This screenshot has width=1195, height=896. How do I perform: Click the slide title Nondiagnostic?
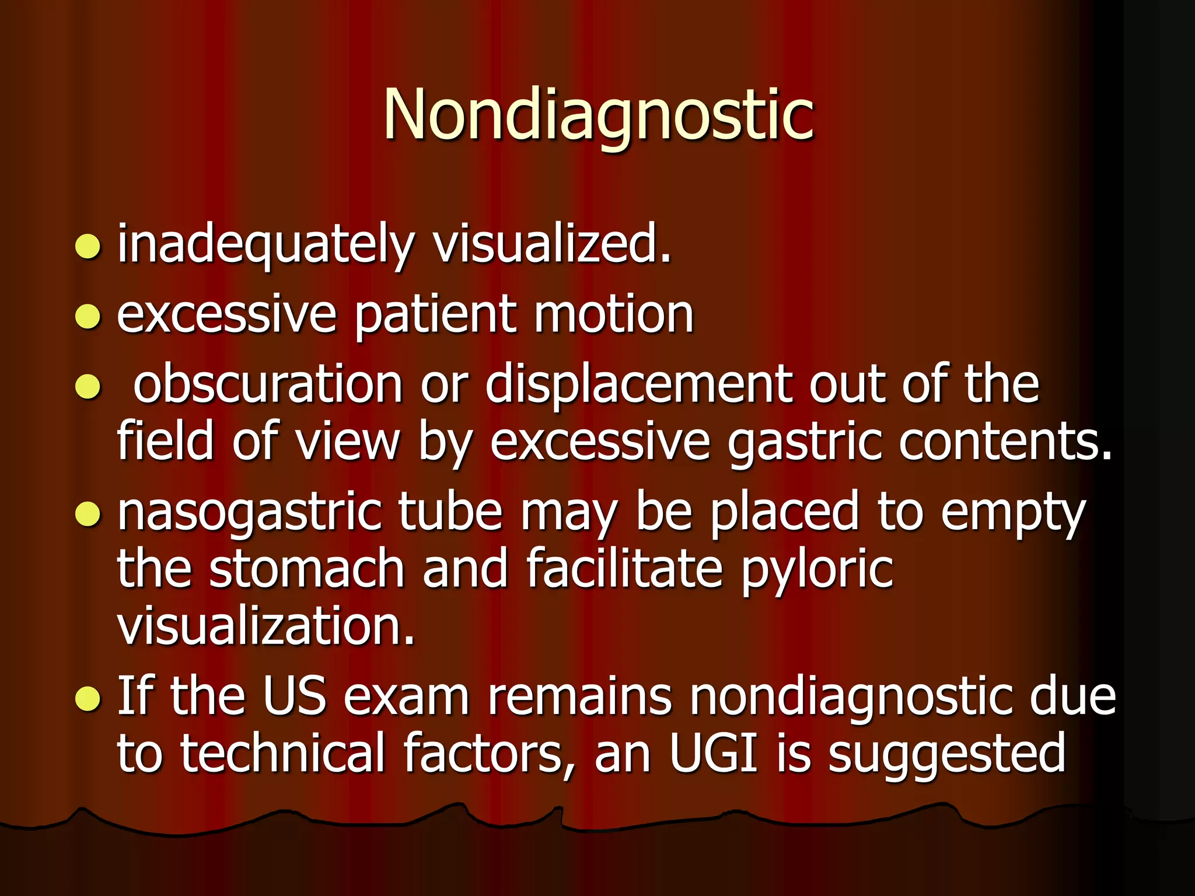point(597,115)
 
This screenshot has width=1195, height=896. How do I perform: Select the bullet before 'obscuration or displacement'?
point(88,387)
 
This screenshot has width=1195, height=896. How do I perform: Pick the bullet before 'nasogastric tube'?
point(88,514)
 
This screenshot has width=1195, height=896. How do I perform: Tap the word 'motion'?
point(613,315)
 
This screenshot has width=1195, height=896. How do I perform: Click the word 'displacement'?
point(638,385)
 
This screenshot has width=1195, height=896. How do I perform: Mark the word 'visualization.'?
point(266,625)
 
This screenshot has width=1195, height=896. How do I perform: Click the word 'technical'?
point(283,754)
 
